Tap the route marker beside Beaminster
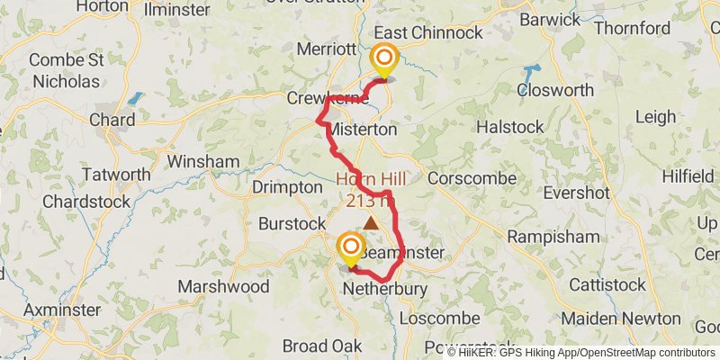(x=349, y=249)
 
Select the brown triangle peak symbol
(x=370, y=220)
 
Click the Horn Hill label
(x=371, y=179)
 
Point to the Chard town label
(x=112, y=120)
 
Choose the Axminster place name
(x=61, y=310)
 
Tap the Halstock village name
(x=509, y=127)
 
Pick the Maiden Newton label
(x=621, y=319)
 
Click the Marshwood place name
(x=223, y=286)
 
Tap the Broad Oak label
(x=322, y=346)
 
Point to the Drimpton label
(x=287, y=186)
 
